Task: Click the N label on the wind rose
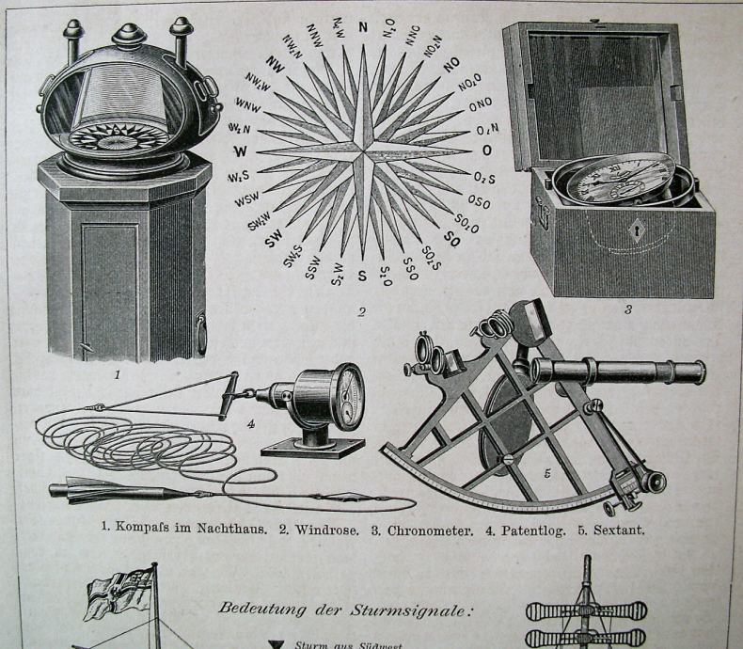click(x=363, y=27)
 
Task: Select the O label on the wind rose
click(x=487, y=150)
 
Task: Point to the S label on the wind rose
click(x=362, y=276)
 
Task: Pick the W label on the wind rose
click(x=242, y=150)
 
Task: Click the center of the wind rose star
click(x=363, y=150)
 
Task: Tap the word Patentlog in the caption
click(x=531, y=530)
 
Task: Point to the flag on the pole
click(x=115, y=593)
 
